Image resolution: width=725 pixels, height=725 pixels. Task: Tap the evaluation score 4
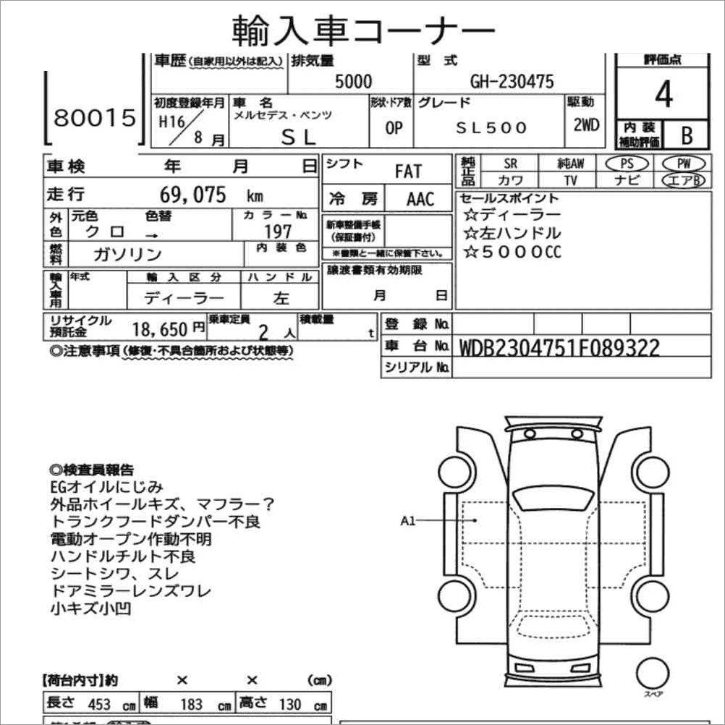[662, 96]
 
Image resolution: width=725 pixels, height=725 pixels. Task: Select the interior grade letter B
[684, 135]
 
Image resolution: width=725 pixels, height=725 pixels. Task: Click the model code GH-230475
[512, 82]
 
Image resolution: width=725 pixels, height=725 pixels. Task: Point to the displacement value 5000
[353, 82]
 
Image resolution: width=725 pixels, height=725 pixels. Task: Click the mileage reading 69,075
[193, 195]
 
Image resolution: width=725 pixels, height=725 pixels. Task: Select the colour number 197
[278, 231]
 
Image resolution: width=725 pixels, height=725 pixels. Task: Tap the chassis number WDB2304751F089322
[559, 349]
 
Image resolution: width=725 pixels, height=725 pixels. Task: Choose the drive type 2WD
[586, 124]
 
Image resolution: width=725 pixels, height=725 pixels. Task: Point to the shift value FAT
[407, 172]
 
